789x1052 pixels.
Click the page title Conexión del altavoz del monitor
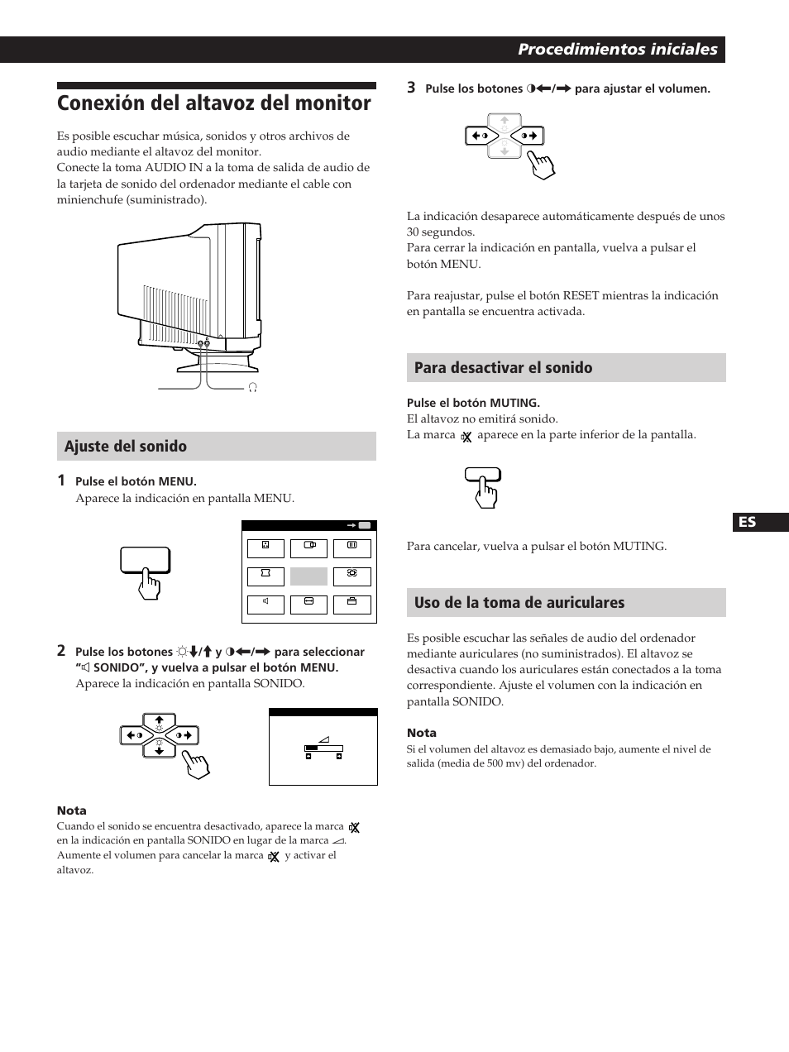tap(214, 104)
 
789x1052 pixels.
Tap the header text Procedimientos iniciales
tap(617, 50)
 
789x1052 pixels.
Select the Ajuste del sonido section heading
tap(126, 447)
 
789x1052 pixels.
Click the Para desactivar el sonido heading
tap(503, 368)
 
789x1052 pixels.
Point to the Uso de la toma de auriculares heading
tap(519, 603)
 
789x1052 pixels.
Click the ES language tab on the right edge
tap(748, 522)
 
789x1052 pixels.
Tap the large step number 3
tap(411, 87)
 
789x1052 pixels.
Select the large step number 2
tap(61, 651)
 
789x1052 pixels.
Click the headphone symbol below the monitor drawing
tap(253, 387)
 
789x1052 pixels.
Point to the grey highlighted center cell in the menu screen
tap(308, 576)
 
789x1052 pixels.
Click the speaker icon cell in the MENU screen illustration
tap(265, 605)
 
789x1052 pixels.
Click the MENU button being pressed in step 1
tap(145, 561)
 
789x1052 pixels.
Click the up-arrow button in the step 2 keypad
tap(160, 720)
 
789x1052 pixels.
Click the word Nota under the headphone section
tap(421, 733)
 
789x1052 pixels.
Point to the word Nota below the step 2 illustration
tap(71, 811)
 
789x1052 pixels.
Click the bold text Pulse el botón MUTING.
tap(473, 403)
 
